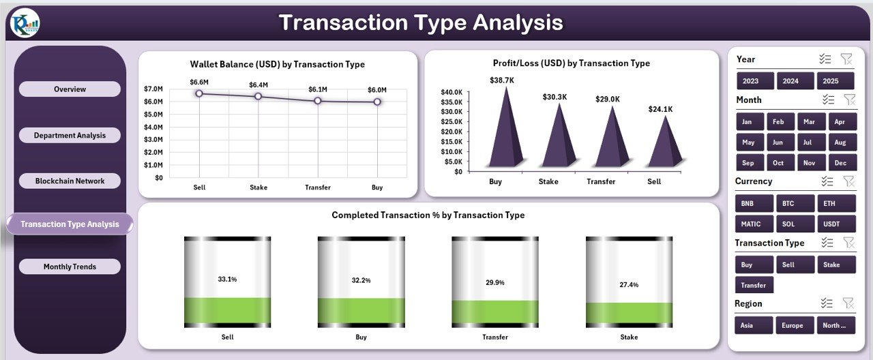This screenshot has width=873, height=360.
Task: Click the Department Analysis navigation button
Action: [x=70, y=135]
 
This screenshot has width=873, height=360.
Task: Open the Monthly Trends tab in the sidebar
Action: [x=70, y=267]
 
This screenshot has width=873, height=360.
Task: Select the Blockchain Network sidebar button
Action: [x=70, y=181]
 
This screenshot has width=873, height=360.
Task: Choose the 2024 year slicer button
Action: [x=790, y=80]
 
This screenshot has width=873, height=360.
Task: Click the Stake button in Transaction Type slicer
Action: [x=835, y=265]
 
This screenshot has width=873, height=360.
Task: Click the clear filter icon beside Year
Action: [x=846, y=59]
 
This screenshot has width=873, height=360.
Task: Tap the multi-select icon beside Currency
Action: [x=827, y=181]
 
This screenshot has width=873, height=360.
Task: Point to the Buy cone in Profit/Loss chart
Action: [x=506, y=133]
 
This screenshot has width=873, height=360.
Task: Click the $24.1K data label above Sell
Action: [x=660, y=108]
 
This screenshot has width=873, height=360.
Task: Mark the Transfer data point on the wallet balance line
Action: [x=318, y=100]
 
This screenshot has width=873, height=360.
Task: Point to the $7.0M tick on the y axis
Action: [x=153, y=89]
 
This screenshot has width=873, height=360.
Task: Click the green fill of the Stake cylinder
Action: [x=629, y=313]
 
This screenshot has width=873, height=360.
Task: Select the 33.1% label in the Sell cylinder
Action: [x=227, y=280]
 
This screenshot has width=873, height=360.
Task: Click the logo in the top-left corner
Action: [x=25, y=22]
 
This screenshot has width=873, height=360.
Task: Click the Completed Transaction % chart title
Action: [x=428, y=215]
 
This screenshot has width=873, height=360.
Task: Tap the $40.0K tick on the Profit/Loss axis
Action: [x=451, y=91]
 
